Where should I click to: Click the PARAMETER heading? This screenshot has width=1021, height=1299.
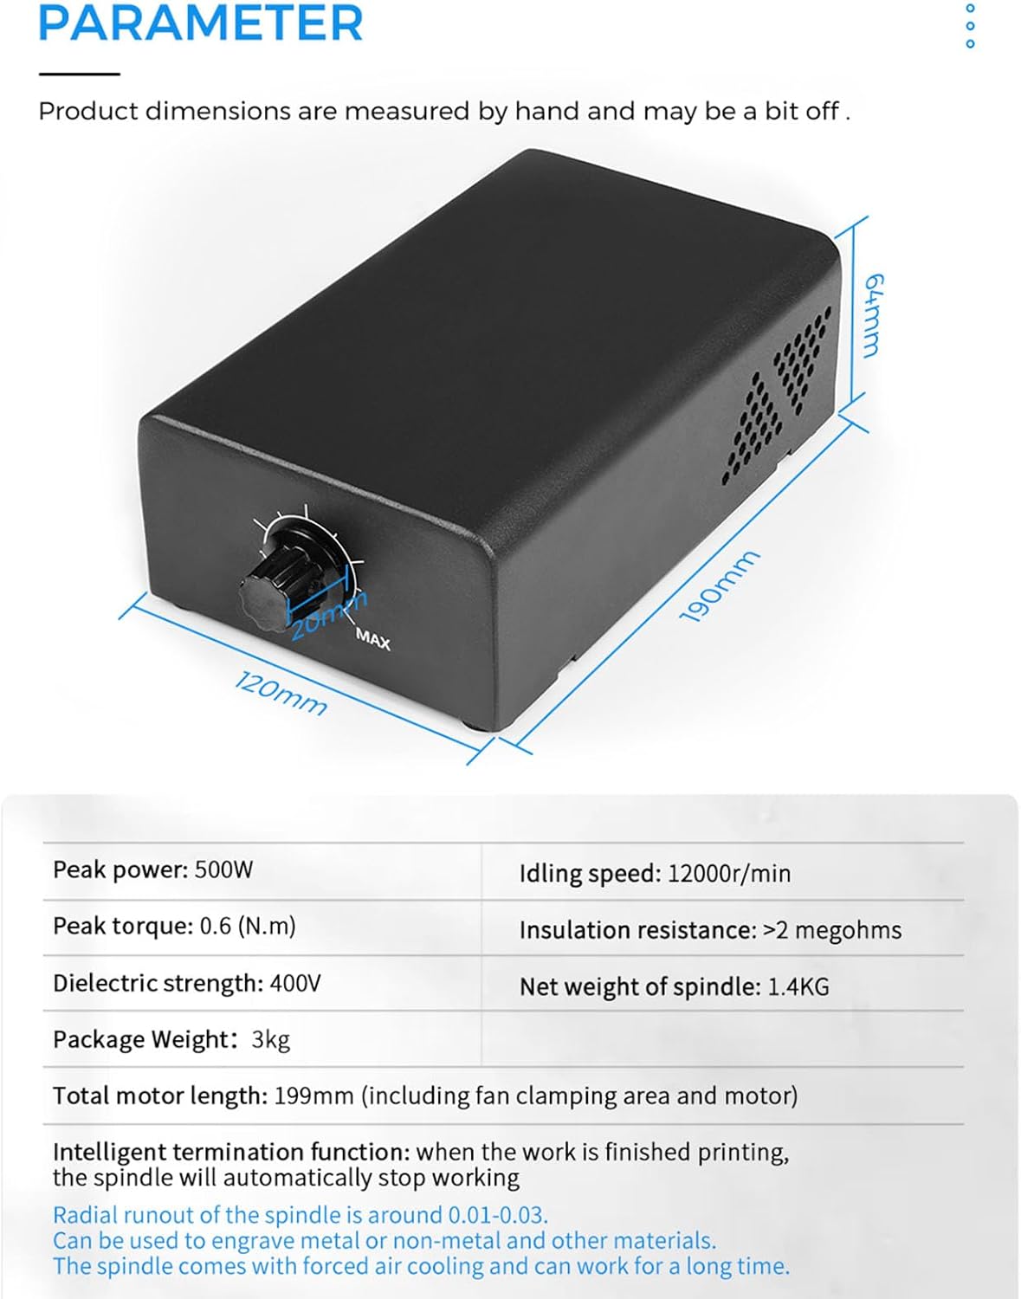[x=200, y=23]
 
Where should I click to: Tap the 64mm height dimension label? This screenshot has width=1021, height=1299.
[x=874, y=315]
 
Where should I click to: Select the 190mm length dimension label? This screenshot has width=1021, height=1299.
[x=720, y=586]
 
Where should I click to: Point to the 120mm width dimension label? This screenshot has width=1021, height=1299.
[x=281, y=693]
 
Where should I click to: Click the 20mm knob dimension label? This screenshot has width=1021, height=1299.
[x=328, y=615]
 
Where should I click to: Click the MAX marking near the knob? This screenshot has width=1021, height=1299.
[x=373, y=639]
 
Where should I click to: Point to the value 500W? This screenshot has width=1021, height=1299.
[x=223, y=869]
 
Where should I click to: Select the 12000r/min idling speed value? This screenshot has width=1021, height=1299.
[x=728, y=874]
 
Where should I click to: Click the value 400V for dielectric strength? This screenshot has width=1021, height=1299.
[x=295, y=984]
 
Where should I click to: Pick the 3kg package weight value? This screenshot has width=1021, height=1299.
[x=271, y=1040]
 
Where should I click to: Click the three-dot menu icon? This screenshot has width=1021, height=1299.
[x=970, y=26]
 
